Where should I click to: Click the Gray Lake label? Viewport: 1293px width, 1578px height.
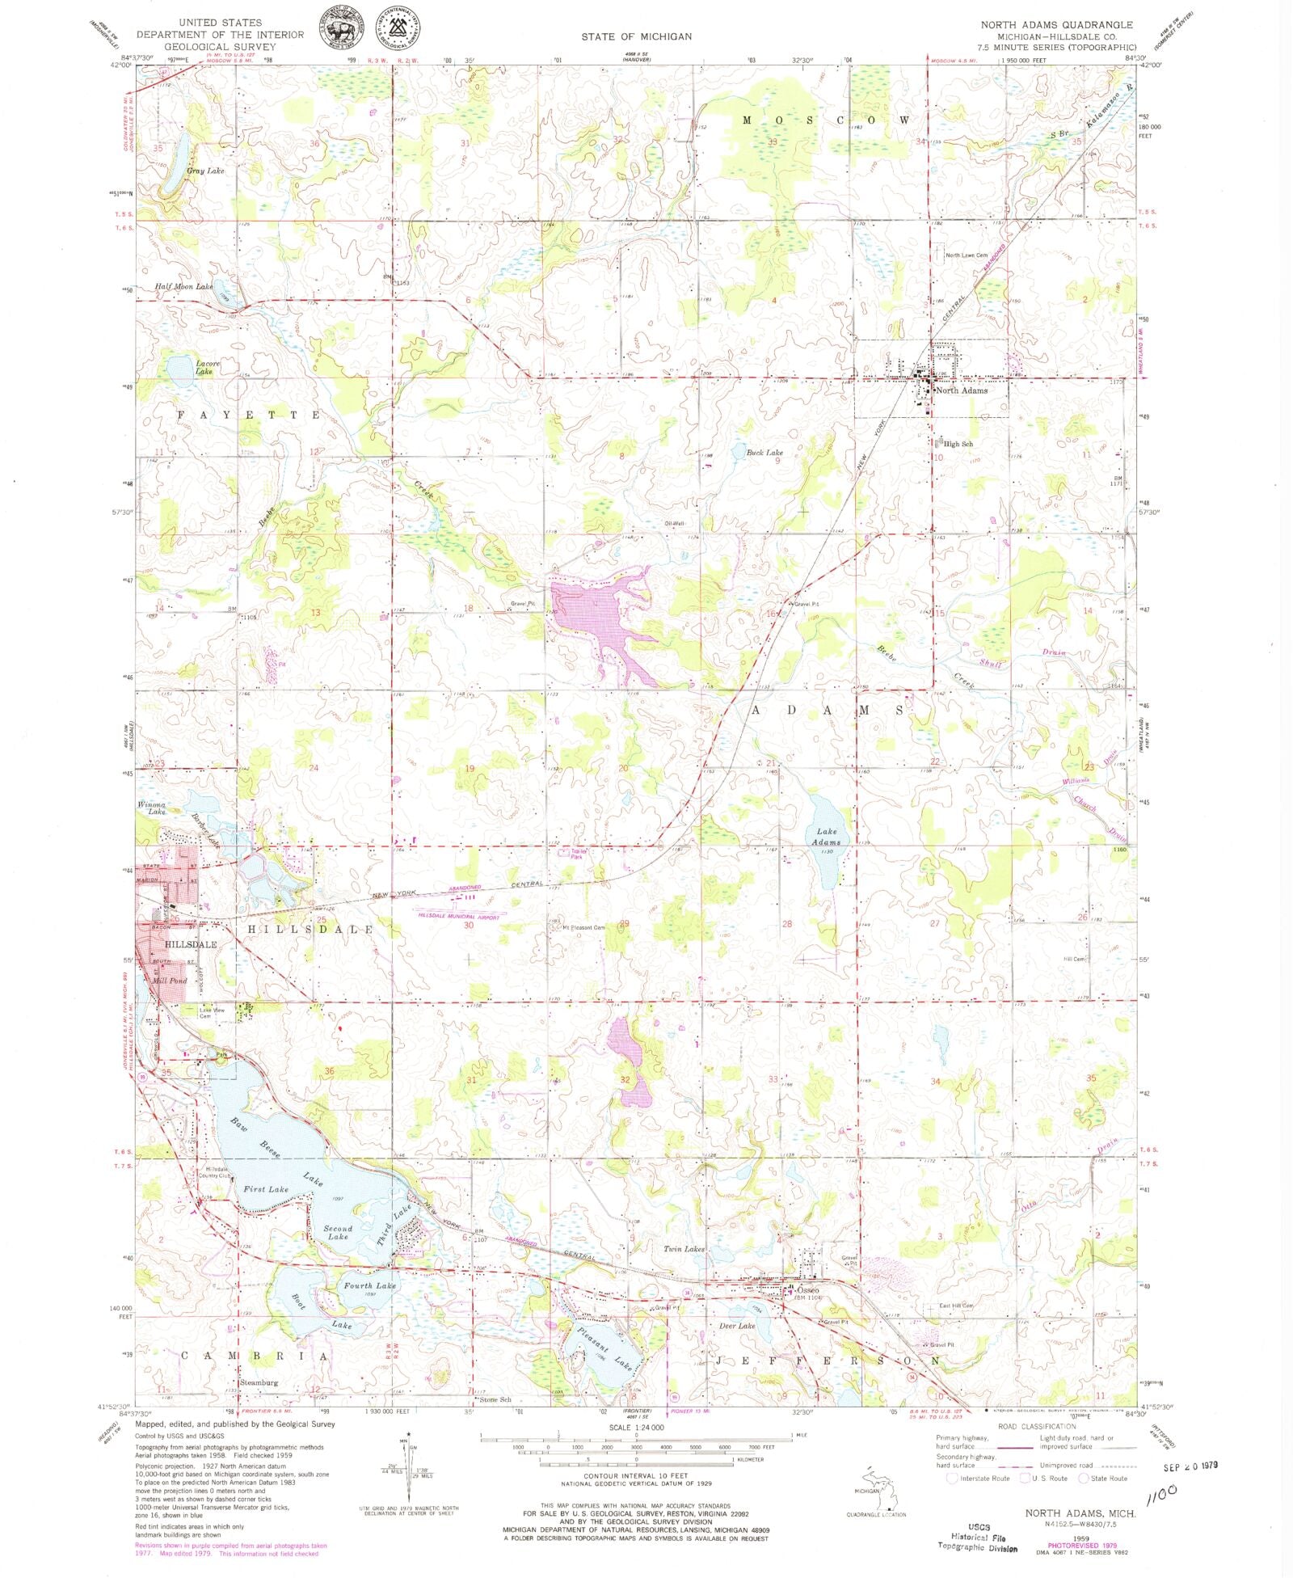coord(205,171)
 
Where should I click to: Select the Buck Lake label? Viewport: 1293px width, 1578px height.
coord(764,453)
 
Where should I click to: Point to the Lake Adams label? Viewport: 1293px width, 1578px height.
coord(827,837)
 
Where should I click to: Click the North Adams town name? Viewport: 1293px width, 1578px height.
coord(961,390)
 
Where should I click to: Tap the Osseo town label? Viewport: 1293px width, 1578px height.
coord(808,1290)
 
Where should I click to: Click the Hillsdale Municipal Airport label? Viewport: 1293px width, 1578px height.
coord(459,915)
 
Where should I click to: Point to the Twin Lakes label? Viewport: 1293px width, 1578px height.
coord(684,1249)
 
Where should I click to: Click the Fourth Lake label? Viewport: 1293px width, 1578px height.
coord(369,1285)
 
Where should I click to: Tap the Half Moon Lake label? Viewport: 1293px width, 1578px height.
coord(183,287)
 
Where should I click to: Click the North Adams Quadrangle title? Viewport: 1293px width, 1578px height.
coord(1056,25)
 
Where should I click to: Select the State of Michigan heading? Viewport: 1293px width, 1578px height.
coord(636,36)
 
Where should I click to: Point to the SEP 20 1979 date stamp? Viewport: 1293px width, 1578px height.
coord(1190,1466)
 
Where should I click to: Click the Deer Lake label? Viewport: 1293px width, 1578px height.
coord(736,1326)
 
